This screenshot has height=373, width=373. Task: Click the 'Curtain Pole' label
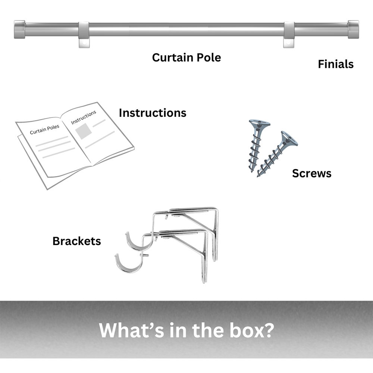[186, 58]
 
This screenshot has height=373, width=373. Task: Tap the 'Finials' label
[336, 64]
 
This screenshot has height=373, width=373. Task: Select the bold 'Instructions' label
[153, 113]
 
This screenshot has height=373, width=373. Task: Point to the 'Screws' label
[311, 173]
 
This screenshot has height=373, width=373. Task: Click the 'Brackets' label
[76, 241]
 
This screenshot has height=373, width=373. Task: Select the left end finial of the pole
[20, 29]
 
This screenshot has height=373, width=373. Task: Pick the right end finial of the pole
[353, 29]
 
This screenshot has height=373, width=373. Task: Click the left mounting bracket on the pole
[84, 34]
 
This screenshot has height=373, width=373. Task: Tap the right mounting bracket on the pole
[289, 34]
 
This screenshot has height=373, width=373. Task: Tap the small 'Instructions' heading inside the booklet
[84, 117]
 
